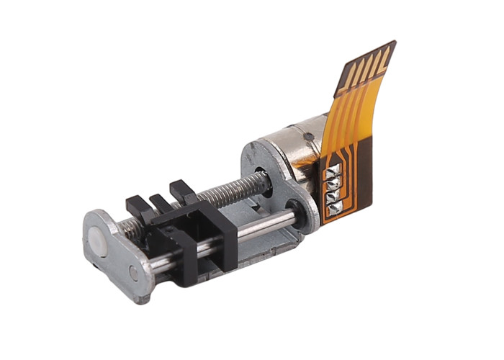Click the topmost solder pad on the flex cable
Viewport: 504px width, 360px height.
click(x=333, y=171)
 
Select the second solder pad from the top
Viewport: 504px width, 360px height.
click(x=334, y=183)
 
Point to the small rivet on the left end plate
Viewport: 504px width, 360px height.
click(x=133, y=272)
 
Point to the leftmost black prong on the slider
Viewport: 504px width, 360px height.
click(x=135, y=205)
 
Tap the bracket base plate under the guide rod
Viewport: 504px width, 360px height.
click(x=259, y=245)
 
